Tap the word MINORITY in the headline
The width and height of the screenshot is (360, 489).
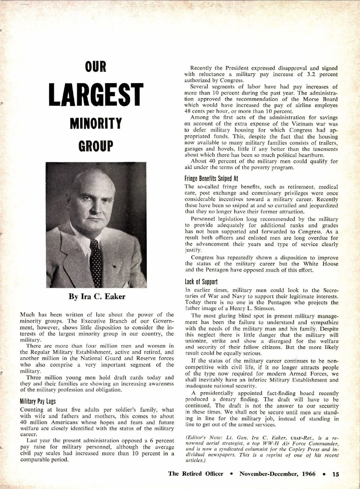pyautogui.click(x=96, y=123)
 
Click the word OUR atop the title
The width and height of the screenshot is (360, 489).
pyautogui.click(x=96, y=67)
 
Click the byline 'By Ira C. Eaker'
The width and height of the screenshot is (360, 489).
pyautogui.click(x=97, y=297)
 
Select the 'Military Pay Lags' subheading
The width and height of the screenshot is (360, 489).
pyautogui.click(x=38, y=401)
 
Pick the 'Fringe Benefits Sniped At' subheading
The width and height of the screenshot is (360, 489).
pyautogui.click(x=211, y=178)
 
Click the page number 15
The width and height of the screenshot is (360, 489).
pyautogui.click(x=335, y=474)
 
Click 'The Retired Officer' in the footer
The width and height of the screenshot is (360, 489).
pyautogui.click(x=196, y=474)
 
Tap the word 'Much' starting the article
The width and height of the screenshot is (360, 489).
pyautogui.click(x=27, y=315)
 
